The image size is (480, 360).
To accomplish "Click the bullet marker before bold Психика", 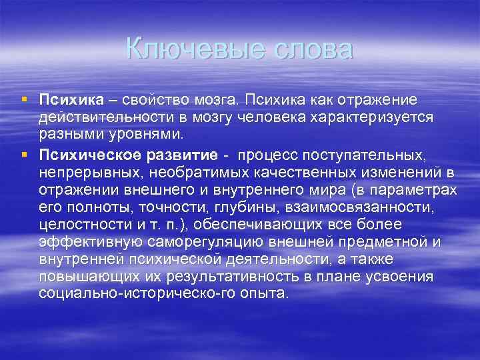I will [23, 99].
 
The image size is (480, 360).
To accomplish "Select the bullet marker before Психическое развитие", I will [23, 155].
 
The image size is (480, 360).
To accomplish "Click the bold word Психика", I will [71, 100].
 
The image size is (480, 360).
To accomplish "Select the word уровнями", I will [152, 133].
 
